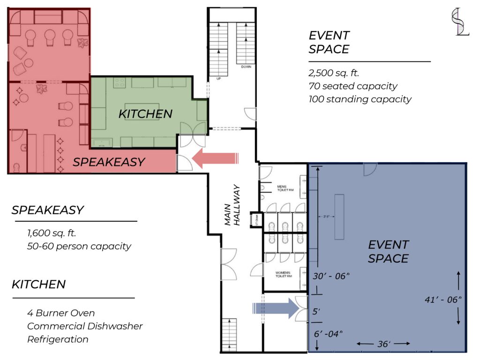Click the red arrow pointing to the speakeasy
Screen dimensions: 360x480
[x=215, y=158]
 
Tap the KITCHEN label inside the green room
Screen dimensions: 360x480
[x=145, y=113]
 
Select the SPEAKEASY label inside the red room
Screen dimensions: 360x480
[x=109, y=162]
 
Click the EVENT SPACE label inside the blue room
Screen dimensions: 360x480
[x=388, y=251]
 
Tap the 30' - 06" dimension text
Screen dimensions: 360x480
[x=331, y=276]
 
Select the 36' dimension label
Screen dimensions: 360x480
[x=383, y=344]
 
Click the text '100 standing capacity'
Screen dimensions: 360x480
[x=360, y=99]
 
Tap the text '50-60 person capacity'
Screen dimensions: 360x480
[x=79, y=246]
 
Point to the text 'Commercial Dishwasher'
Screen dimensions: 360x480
[x=85, y=326]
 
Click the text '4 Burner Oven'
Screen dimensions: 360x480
[x=61, y=313]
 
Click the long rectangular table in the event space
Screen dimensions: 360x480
[x=339, y=216]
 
